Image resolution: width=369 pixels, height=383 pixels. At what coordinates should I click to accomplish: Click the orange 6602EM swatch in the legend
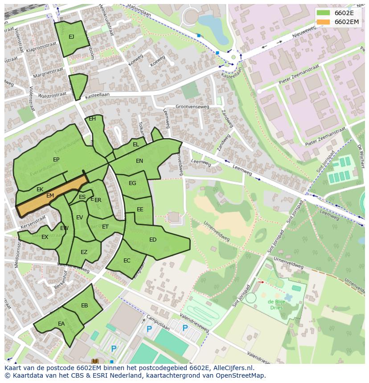pyautogui.click(x=324, y=22)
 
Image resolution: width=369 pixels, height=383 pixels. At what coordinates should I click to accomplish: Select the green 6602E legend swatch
pyautogui.click(x=324, y=13)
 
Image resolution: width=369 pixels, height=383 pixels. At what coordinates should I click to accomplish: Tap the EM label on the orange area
pyautogui.click(x=50, y=196)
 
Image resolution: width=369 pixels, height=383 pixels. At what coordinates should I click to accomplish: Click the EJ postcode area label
pyautogui.click(x=71, y=37)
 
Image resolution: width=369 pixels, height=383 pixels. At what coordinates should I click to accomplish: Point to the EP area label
pyautogui.click(x=56, y=160)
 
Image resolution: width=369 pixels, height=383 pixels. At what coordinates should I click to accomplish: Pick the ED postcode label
pyautogui.click(x=153, y=240)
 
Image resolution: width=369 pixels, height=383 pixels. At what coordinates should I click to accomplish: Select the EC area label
pyautogui.click(x=127, y=261)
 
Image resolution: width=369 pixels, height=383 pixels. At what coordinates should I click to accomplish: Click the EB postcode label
pyautogui.click(x=85, y=306)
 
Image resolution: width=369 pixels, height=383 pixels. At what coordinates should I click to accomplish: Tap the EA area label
pyautogui.click(x=61, y=324)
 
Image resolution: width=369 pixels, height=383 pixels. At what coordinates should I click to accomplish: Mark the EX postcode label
pyautogui.click(x=45, y=237)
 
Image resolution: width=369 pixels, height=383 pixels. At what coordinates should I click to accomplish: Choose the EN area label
pyautogui.click(x=139, y=161)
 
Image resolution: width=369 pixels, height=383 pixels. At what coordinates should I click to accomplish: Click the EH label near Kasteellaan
pyautogui.click(x=92, y=119)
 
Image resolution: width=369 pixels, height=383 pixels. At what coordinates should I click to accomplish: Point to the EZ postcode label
pyautogui.click(x=84, y=252)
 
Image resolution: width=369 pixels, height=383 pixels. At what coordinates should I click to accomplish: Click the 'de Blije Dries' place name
pyautogui.click(x=277, y=305)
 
